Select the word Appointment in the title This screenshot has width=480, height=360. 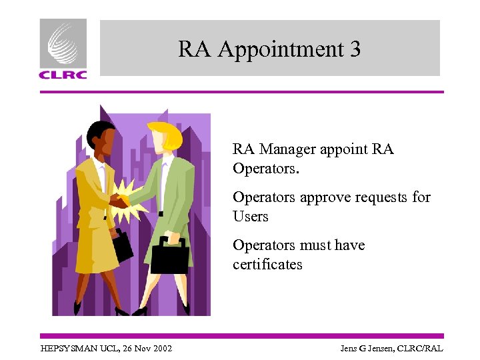tap(279, 49)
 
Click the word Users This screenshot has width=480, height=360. tap(250, 217)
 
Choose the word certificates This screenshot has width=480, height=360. tap(267, 265)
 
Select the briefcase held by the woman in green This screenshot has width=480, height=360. tap(169, 255)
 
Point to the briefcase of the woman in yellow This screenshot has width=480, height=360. tap(123, 245)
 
